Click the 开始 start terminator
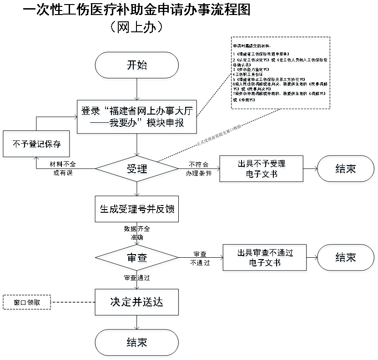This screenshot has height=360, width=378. tap(137, 66)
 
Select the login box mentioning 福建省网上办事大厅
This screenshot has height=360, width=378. tap(137, 118)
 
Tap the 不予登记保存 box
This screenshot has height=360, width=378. tap(37, 145)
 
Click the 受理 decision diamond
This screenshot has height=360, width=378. tap(137, 170)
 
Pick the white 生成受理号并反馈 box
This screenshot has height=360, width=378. tap(136, 209)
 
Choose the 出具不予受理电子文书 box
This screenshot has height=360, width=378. tap(262, 170)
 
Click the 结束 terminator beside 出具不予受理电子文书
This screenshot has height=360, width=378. tap(346, 170)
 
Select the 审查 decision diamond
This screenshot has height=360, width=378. tap(137, 259)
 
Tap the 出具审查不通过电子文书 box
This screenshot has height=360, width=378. tap(265, 259)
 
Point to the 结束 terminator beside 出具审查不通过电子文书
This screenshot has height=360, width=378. tap(346, 259)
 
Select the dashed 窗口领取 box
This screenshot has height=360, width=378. tap(27, 303)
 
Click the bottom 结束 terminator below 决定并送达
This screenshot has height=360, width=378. tap(137, 343)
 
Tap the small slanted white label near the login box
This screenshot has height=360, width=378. tap(219, 135)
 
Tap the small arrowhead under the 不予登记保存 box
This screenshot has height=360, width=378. tap(37, 159)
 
